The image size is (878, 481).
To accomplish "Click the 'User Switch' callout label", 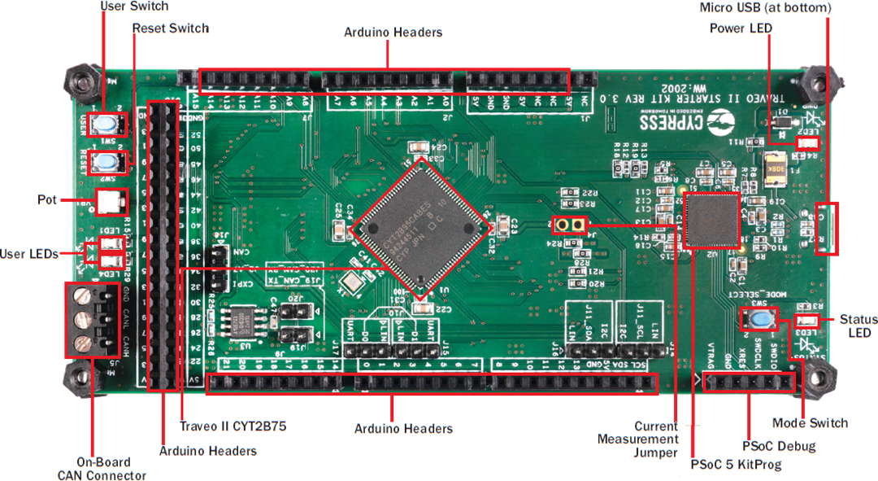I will [x=134, y=7].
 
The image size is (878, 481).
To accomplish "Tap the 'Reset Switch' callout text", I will [x=170, y=28].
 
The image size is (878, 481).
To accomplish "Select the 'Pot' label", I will [x=47, y=199].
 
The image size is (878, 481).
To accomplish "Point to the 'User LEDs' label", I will [x=29, y=254].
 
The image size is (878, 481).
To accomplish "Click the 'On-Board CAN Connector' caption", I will [x=102, y=468].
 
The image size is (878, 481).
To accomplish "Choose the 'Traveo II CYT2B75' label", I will [x=233, y=426].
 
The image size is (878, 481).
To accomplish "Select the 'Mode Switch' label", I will [x=810, y=423].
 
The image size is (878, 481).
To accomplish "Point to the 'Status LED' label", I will [x=855, y=326].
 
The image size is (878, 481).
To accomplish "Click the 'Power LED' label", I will [x=741, y=28].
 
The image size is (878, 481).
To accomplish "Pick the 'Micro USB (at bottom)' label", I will [x=765, y=7].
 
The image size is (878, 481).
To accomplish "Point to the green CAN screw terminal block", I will [x=87, y=321].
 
